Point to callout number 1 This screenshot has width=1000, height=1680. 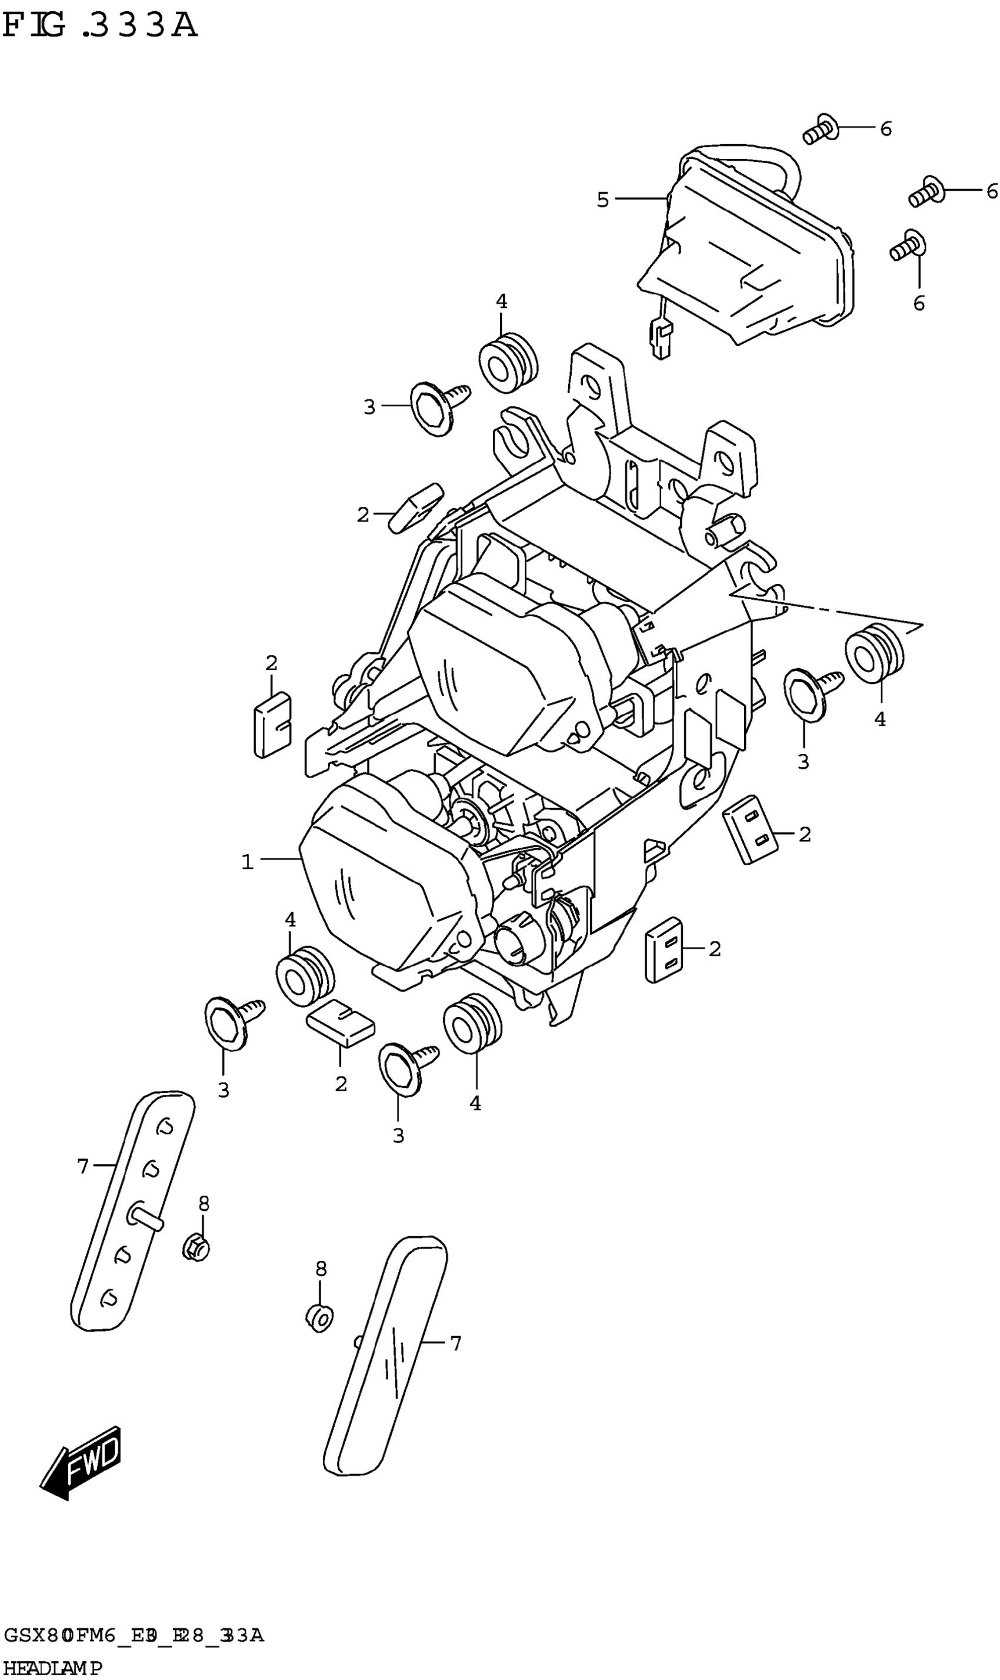[x=247, y=862]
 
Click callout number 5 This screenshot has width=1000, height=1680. [x=602, y=200]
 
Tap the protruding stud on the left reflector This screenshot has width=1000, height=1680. [x=145, y=1217]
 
